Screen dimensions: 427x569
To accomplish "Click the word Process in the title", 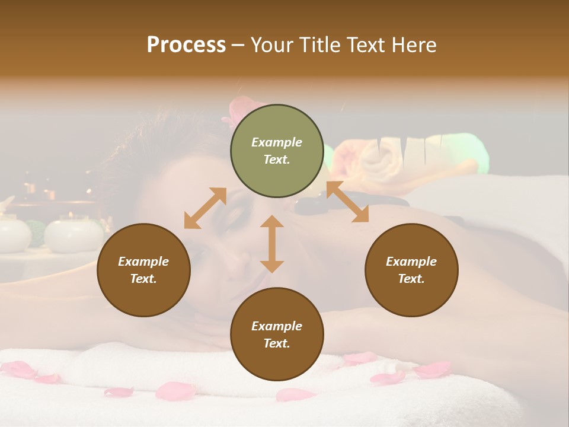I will (186, 45).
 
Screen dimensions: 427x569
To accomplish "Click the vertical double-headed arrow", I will (272, 244).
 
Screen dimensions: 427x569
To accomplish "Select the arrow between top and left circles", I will (205, 208).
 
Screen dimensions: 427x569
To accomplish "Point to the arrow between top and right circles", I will (347, 202).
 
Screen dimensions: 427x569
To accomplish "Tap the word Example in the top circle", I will (277, 142).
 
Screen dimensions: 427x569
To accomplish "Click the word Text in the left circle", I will (143, 279).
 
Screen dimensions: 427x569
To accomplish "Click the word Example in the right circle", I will (411, 262).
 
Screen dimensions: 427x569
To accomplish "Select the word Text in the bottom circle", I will (276, 343).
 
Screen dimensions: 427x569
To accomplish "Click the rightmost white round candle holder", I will (73, 235).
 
